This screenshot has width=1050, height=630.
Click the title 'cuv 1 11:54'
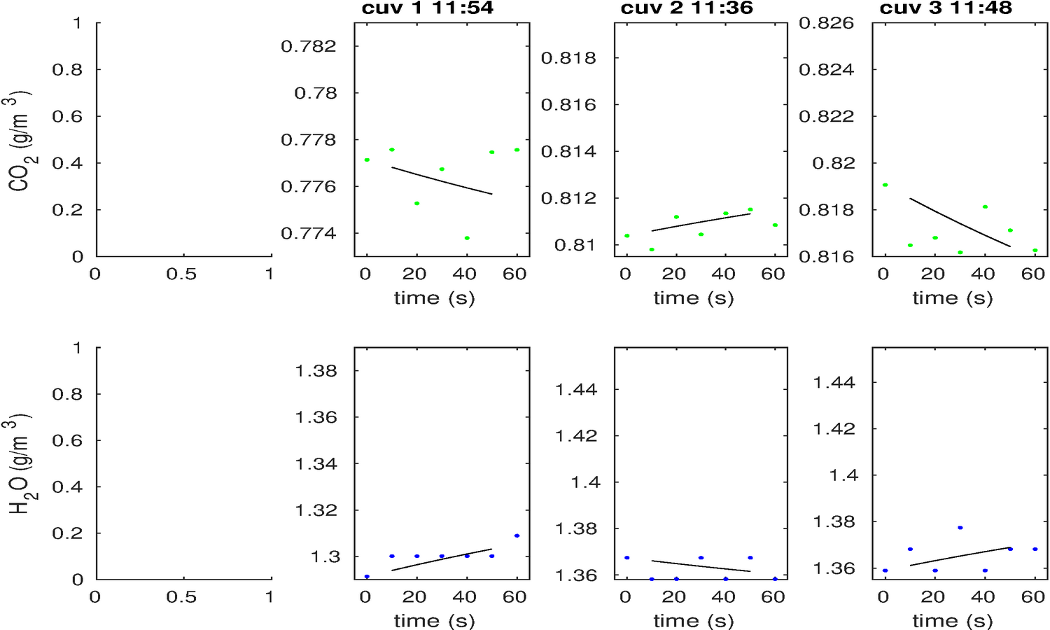click(x=427, y=8)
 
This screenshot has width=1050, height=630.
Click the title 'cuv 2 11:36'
click(x=687, y=8)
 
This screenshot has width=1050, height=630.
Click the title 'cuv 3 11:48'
click(x=946, y=8)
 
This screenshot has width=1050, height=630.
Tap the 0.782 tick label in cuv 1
click(x=309, y=47)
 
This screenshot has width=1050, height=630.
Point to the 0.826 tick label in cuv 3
click(x=827, y=23)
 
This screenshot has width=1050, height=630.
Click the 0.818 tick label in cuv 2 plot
click(x=568, y=58)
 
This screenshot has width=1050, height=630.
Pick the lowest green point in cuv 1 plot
click(x=467, y=238)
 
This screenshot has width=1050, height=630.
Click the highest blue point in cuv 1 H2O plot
click(x=517, y=535)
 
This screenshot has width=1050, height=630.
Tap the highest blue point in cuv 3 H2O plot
click(x=960, y=527)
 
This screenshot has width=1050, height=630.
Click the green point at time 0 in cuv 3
click(x=885, y=185)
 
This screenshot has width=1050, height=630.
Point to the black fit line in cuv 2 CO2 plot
click(x=701, y=223)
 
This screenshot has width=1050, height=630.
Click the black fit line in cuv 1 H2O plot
click(x=442, y=559)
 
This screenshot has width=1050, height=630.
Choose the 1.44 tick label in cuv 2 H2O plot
click(x=576, y=390)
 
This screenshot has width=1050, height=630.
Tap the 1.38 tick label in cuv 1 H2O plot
click(x=316, y=371)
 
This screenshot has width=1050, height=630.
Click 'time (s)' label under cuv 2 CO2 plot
click(x=694, y=298)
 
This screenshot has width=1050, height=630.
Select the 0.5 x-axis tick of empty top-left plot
click(x=181, y=274)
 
